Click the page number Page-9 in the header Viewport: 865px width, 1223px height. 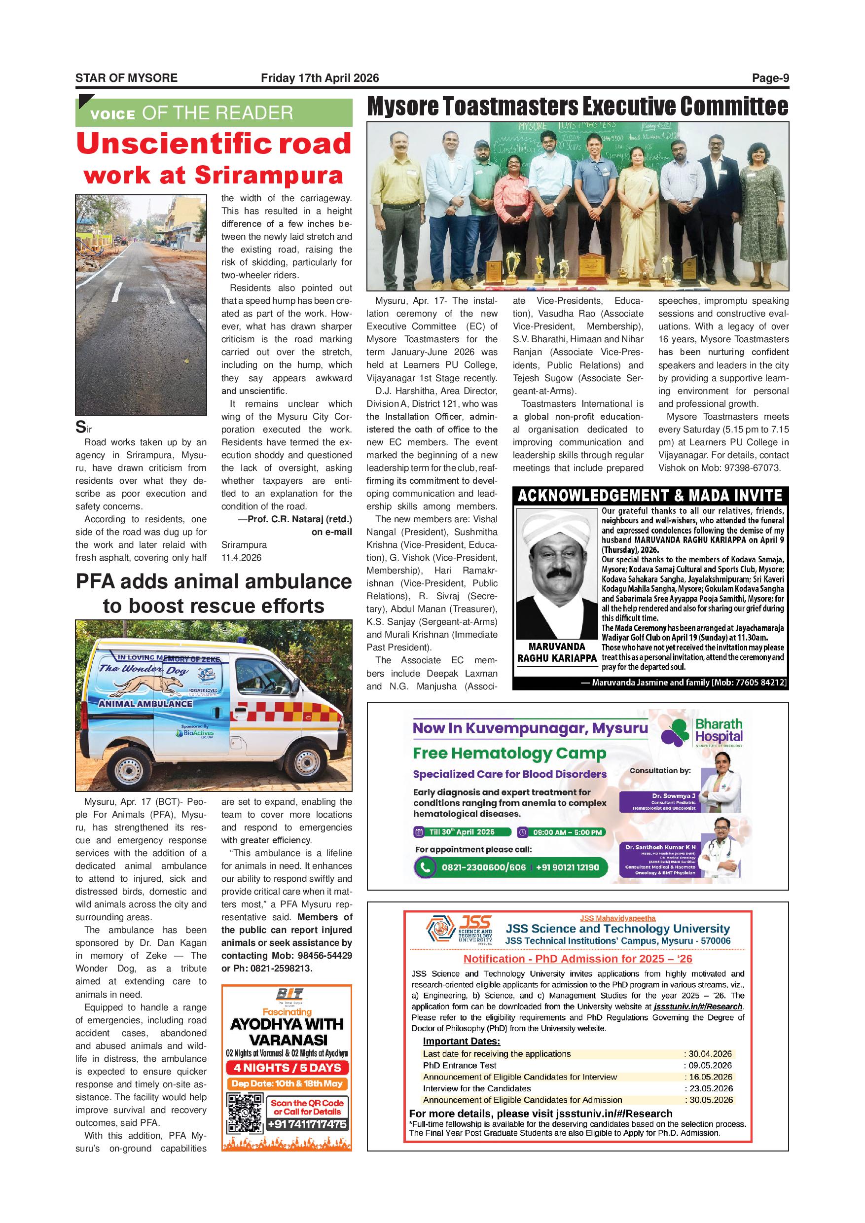tap(770, 78)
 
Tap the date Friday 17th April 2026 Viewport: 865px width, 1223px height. tap(320, 78)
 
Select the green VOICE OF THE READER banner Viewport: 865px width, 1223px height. tap(214, 112)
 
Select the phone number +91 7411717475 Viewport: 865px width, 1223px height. tap(307, 1124)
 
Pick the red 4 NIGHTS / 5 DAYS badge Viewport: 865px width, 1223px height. tap(287, 1068)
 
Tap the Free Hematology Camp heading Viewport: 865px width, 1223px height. tap(509, 753)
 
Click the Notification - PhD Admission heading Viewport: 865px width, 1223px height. tap(577, 959)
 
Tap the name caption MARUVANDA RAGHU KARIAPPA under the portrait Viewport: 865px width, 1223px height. tap(557, 652)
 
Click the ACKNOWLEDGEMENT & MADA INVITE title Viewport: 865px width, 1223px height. tap(650, 496)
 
